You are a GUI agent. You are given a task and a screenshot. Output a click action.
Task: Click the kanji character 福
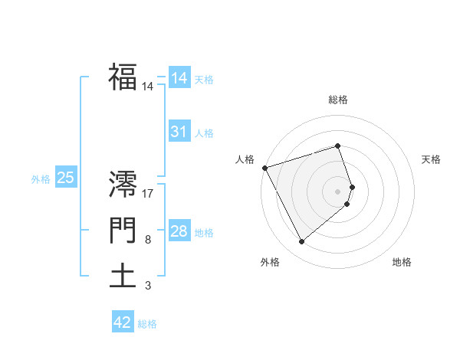point(123,77)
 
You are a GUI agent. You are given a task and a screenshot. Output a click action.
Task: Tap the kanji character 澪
point(123,184)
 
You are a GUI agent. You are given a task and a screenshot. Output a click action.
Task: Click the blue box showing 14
point(179,78)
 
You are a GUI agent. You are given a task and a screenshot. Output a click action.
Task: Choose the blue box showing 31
point(179,132)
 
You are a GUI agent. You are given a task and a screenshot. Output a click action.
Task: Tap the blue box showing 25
point(65,178)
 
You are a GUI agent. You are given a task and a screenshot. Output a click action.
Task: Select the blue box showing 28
point(179,231)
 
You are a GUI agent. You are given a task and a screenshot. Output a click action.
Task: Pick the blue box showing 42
point(123,322)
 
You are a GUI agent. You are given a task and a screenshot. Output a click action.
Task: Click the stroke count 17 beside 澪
point(148,194)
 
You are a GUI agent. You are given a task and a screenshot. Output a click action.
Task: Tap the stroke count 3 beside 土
point(147,286)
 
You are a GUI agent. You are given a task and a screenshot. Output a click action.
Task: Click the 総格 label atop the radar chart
point(338,100)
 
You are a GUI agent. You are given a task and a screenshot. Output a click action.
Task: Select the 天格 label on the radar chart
point(431,159)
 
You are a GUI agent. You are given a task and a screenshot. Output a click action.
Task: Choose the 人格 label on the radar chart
point(245,159)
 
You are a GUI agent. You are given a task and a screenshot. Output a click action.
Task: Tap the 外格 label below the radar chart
point(270,263)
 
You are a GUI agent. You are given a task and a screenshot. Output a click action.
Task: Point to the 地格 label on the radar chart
point(402,263)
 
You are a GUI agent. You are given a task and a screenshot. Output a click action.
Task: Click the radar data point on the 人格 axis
point(264,168)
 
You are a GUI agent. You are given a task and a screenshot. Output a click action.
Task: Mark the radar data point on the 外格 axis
point(302,242)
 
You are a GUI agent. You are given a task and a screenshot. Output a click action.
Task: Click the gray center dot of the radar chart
point(338,191)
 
